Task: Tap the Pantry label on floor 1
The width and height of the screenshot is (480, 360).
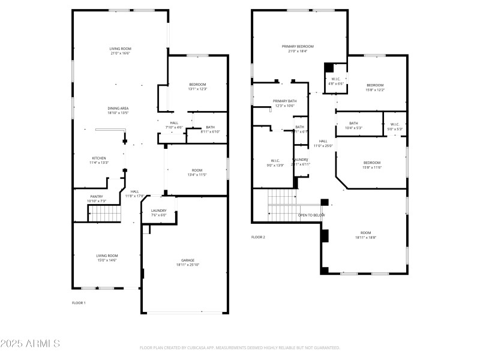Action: pyautogui.click(x=97, y=196)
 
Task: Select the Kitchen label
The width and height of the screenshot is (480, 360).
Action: pyautogui.click(x=99, y=158)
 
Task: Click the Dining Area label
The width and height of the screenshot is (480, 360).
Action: pyautogui.click(x=118, y=108)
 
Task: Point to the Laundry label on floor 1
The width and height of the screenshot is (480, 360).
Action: pyautogui.click(x=159, y=211)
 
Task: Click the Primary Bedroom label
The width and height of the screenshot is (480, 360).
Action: pyautogui.click(x=298, y=46)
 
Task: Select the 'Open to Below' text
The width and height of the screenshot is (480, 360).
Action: pyautogui.click(x=311, y=215)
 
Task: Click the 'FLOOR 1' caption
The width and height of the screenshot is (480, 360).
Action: pyautogui.click(x=79, y=303)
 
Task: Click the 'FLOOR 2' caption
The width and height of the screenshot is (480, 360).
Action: pyautogui.click(x=258, y=237)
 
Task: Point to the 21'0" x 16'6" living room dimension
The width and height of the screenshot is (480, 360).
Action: pyautogui.click(x=120, y=53)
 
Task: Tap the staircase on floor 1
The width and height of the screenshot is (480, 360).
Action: pyautogui.click(x=104, y=214)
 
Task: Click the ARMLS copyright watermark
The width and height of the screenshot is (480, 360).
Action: pyautogui.click(x=30, y=344)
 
